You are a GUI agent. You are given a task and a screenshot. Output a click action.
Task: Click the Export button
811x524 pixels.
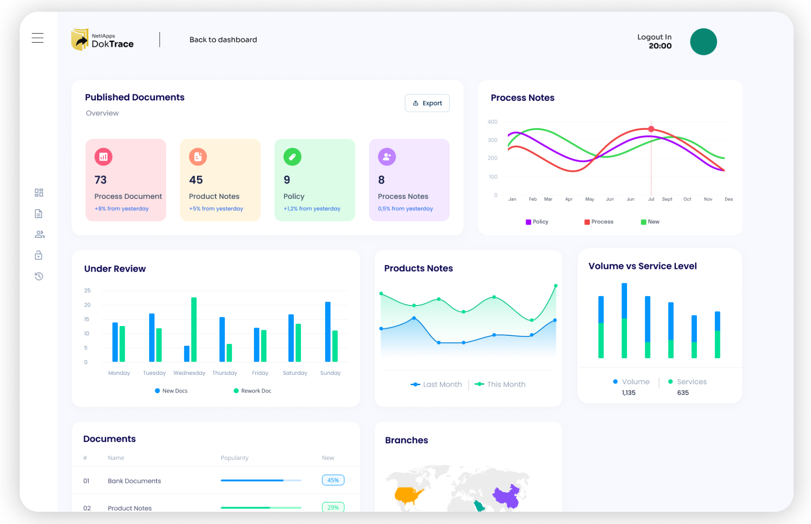tap(427, 103)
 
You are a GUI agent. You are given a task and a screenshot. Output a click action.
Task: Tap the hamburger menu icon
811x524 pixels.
tap(38, 38)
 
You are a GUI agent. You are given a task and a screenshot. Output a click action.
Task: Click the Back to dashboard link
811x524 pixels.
tap(223, 40)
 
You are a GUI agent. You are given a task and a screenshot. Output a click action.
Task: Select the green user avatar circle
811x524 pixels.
tap(703, 42)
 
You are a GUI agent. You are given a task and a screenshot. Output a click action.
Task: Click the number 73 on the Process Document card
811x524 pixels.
tap(100, 180)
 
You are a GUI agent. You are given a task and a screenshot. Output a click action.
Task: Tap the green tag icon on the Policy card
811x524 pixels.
tap(292, 157)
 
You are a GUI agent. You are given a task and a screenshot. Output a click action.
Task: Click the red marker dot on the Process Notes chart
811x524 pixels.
tap(651, 129)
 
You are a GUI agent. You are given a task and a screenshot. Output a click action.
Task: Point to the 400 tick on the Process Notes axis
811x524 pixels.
tap(492, 122)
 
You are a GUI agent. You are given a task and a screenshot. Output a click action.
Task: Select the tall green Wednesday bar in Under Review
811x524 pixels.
tap(194, 329)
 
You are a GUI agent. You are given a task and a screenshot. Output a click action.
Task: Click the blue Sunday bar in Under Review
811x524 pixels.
tap(328, 332)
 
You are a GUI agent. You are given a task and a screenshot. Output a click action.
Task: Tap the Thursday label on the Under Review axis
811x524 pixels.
tap(224, 373)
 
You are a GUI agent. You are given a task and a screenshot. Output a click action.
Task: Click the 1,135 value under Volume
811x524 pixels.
tap(628, 393)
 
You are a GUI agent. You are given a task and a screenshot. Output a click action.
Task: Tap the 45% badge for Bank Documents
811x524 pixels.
tap(333, 480)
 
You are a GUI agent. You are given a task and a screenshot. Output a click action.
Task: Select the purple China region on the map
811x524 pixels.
tap(507, 496)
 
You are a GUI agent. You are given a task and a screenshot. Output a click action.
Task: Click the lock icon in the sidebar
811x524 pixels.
tap(38, 255)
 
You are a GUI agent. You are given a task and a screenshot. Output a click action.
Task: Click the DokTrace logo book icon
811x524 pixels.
tap(80, 40)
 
